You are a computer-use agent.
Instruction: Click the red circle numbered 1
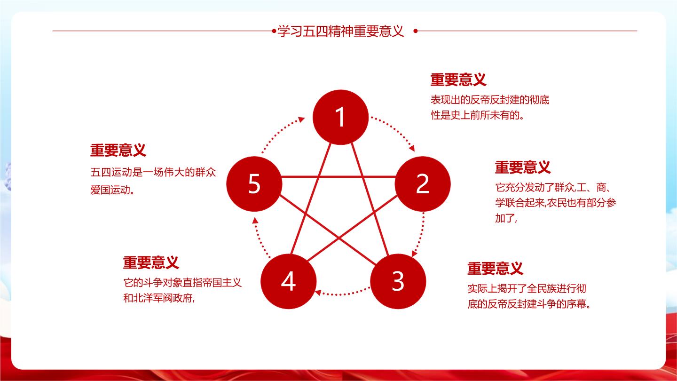coord(340,117)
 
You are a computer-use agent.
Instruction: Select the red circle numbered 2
coord(423,184)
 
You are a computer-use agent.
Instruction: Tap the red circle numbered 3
coord(398,281)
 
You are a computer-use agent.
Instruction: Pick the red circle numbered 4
coord(288,281)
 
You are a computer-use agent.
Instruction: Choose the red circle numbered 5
coord(254,184)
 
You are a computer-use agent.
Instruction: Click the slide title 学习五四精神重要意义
coord(341,31)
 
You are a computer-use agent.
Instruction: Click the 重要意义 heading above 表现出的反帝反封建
coord(458,79)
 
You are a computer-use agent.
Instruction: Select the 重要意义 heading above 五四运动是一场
coord(118,151)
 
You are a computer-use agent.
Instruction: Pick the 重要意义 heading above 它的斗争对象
coord(151,262)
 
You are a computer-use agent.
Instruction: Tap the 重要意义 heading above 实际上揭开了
coord(496,268)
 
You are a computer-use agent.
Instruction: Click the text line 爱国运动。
coord(112,190)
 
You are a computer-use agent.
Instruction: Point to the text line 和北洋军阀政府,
coord(159,298)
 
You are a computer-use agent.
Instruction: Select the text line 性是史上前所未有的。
coord(478,115)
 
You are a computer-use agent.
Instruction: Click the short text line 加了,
coord(506,218)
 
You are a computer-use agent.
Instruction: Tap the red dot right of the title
coord(416,31)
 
